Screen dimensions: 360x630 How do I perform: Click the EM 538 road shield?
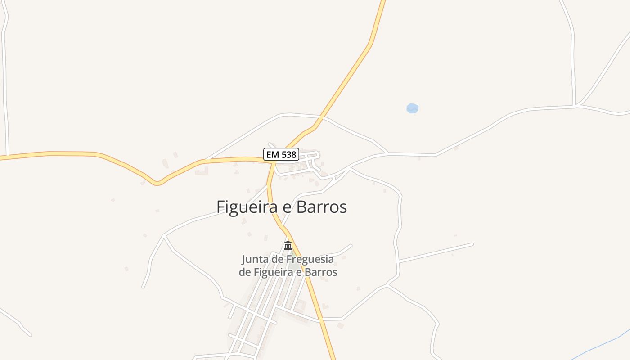click(281, 154)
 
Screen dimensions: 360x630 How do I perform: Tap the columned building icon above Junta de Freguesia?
click(288, 245)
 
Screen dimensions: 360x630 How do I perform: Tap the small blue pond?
click(412, 108)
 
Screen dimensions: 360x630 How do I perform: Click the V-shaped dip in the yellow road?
click(157, 183)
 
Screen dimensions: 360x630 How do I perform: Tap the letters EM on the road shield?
click(272, 155)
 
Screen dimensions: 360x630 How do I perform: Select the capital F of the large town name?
click(220, 207)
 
